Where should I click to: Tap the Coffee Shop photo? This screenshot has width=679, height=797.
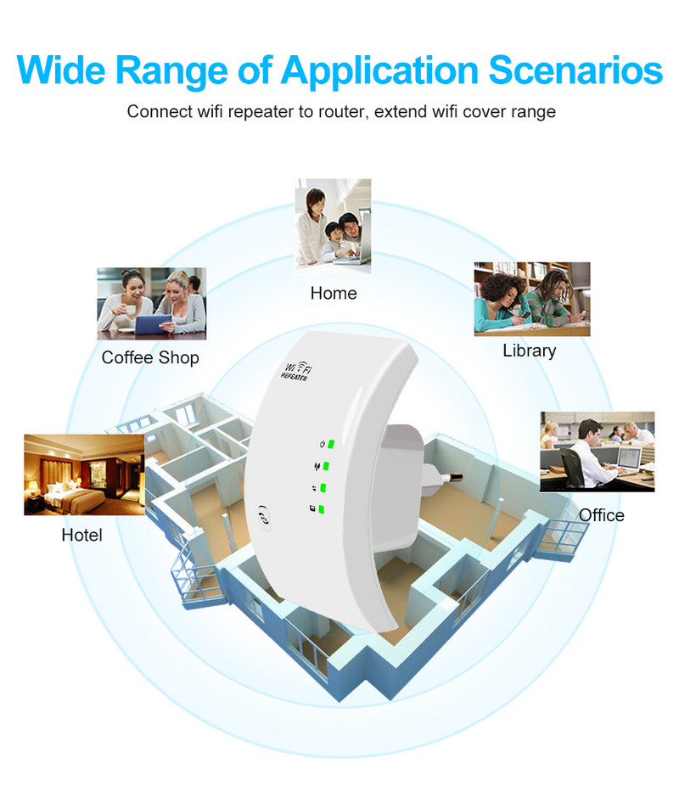pyautogui.click(x=150, y=303)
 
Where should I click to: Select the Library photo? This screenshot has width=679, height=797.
pyautogui.click(x=531, y=298)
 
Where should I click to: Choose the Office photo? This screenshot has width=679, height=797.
pyautogui.click(x=598, y=451)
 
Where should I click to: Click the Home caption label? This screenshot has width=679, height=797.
pyautogui.click(x=334, y=294)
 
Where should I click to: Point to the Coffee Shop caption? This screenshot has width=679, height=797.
pyautogui.click(x=150, y=357)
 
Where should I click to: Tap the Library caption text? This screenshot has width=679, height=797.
pyautogui.click(x=529, y=351)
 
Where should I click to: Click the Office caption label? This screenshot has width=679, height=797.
pyautogui.click(x=601, y=515)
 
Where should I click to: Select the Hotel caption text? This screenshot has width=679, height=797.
pyautogui.click(x=81, y=535)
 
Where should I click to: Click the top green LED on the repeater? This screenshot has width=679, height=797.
pyautogui.click(x=333, y=444)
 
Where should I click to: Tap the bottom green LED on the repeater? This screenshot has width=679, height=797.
pyautogui.click(x=323, y=510)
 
